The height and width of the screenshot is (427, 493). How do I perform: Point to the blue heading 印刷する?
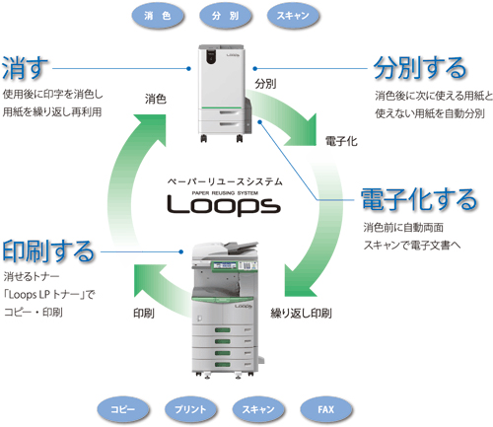click(x=48, y=249)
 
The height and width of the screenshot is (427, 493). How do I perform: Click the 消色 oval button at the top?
click(x=157, y=17)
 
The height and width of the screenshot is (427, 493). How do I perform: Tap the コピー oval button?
click(x=122, y=407)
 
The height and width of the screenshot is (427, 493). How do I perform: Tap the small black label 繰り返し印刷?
click(x=301, y=314)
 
